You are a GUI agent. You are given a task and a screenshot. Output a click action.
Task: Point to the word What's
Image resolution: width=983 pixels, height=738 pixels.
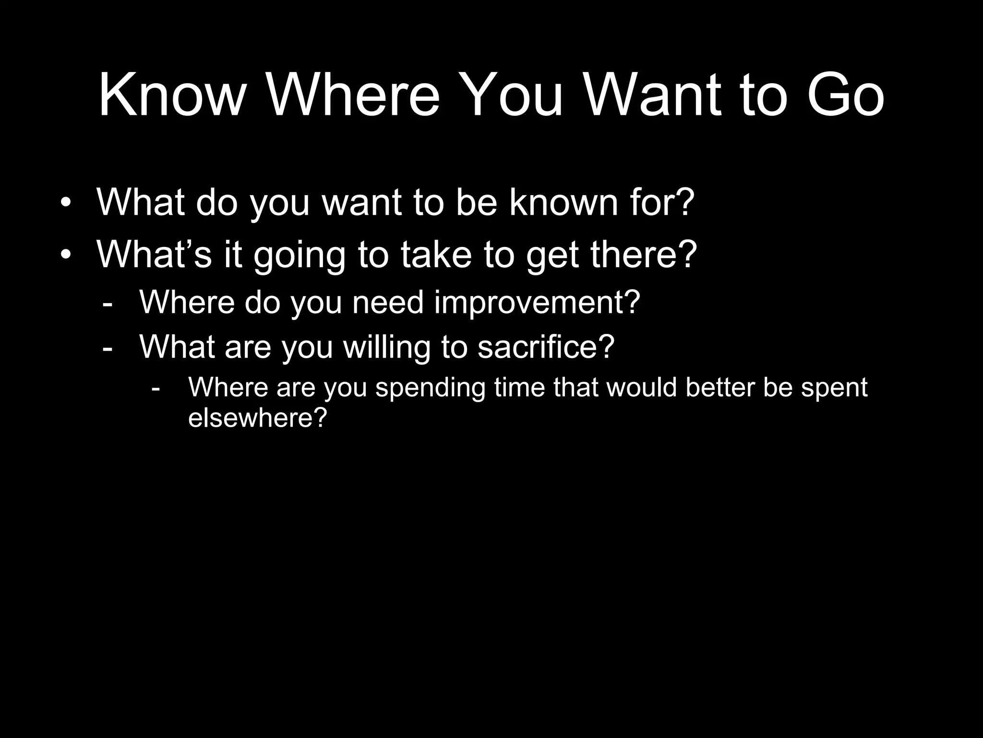click(x=154, y=254)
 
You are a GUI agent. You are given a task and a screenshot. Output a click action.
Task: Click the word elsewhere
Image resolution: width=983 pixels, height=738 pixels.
click(x=257, y=417)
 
